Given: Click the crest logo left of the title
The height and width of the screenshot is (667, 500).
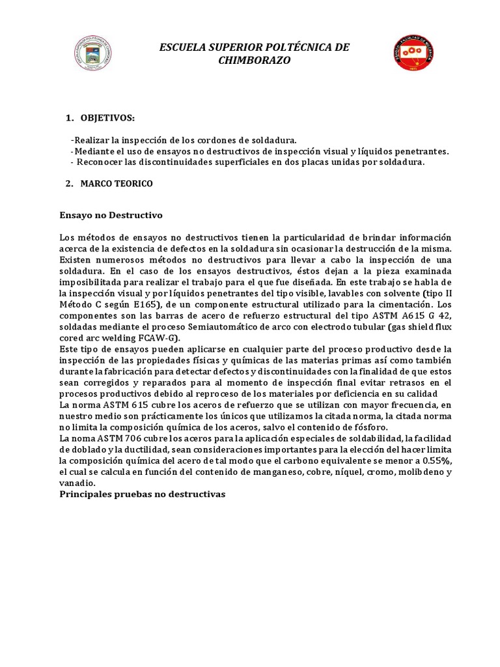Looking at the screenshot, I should coord(95,53).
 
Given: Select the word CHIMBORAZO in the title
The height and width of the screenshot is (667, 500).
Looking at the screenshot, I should coord(255,61).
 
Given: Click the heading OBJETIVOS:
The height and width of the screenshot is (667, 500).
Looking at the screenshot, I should coord(108,117).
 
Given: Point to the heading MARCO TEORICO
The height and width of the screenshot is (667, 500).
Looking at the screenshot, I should coord(117,184).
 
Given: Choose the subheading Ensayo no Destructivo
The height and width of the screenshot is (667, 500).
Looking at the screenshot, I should coord(111,214).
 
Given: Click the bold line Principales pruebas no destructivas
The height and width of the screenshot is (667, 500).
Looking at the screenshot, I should coord(142,494).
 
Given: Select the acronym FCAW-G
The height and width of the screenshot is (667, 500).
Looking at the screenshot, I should coord(158,338).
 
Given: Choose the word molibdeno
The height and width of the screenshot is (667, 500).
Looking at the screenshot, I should coord(418,472).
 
